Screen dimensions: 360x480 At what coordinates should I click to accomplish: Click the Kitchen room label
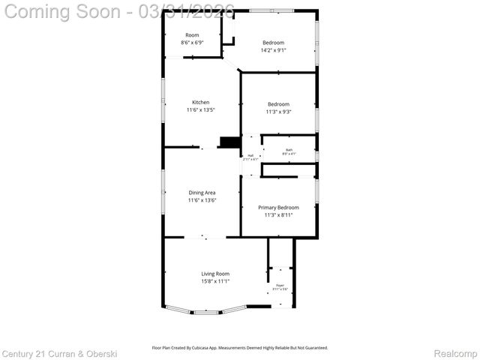[x=200, y=102]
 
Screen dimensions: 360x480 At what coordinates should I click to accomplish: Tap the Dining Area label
[x=202, y=193]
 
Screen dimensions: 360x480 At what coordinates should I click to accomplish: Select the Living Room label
[x=214, y=274]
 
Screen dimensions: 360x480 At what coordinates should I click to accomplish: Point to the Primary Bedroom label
[x=278, y=207]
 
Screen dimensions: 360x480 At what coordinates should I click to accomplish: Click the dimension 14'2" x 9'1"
[x=273, y=50]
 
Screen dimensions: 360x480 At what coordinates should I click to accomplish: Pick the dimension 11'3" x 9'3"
[x=278, y=112]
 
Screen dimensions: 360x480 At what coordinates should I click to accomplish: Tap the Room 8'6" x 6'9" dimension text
[x=193, y=43]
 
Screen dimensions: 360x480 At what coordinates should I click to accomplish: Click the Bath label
[x=289, y=150]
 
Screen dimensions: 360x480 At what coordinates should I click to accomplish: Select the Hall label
[x=250, y=155]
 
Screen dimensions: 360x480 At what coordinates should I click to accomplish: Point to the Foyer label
[x=280, y=286]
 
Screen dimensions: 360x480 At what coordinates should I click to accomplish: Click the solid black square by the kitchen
[x=229, y=142]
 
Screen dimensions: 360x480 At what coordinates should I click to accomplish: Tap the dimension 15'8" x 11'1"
[x=214, y=281]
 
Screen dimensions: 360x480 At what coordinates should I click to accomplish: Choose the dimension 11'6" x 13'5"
[x=200, y=109]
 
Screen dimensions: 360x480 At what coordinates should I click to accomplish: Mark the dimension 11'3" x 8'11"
[x=278, y=214]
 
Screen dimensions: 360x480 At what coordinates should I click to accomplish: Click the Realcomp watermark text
[x=455, y=353]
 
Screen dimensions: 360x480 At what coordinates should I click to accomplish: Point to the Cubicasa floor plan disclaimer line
[x=240, y=347]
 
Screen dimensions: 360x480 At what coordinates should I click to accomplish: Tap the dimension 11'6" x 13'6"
[x=202, y=200]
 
